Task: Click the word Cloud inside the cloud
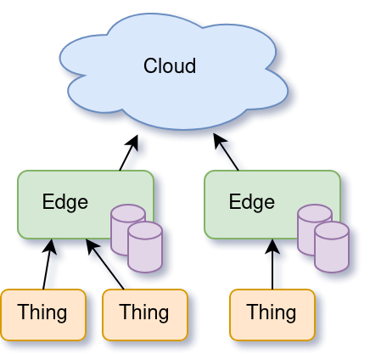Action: point(170,65)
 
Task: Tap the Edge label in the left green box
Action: point(65,202)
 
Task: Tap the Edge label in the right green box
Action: point(252,202)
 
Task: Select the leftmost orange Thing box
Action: point(42,313)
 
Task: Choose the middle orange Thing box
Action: point(144,313)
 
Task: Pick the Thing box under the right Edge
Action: point(272,313)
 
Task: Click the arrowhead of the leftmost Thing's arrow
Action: point(52,247)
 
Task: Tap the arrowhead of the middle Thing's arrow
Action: point(92,247)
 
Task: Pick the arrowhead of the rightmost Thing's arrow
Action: point(272,247)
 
